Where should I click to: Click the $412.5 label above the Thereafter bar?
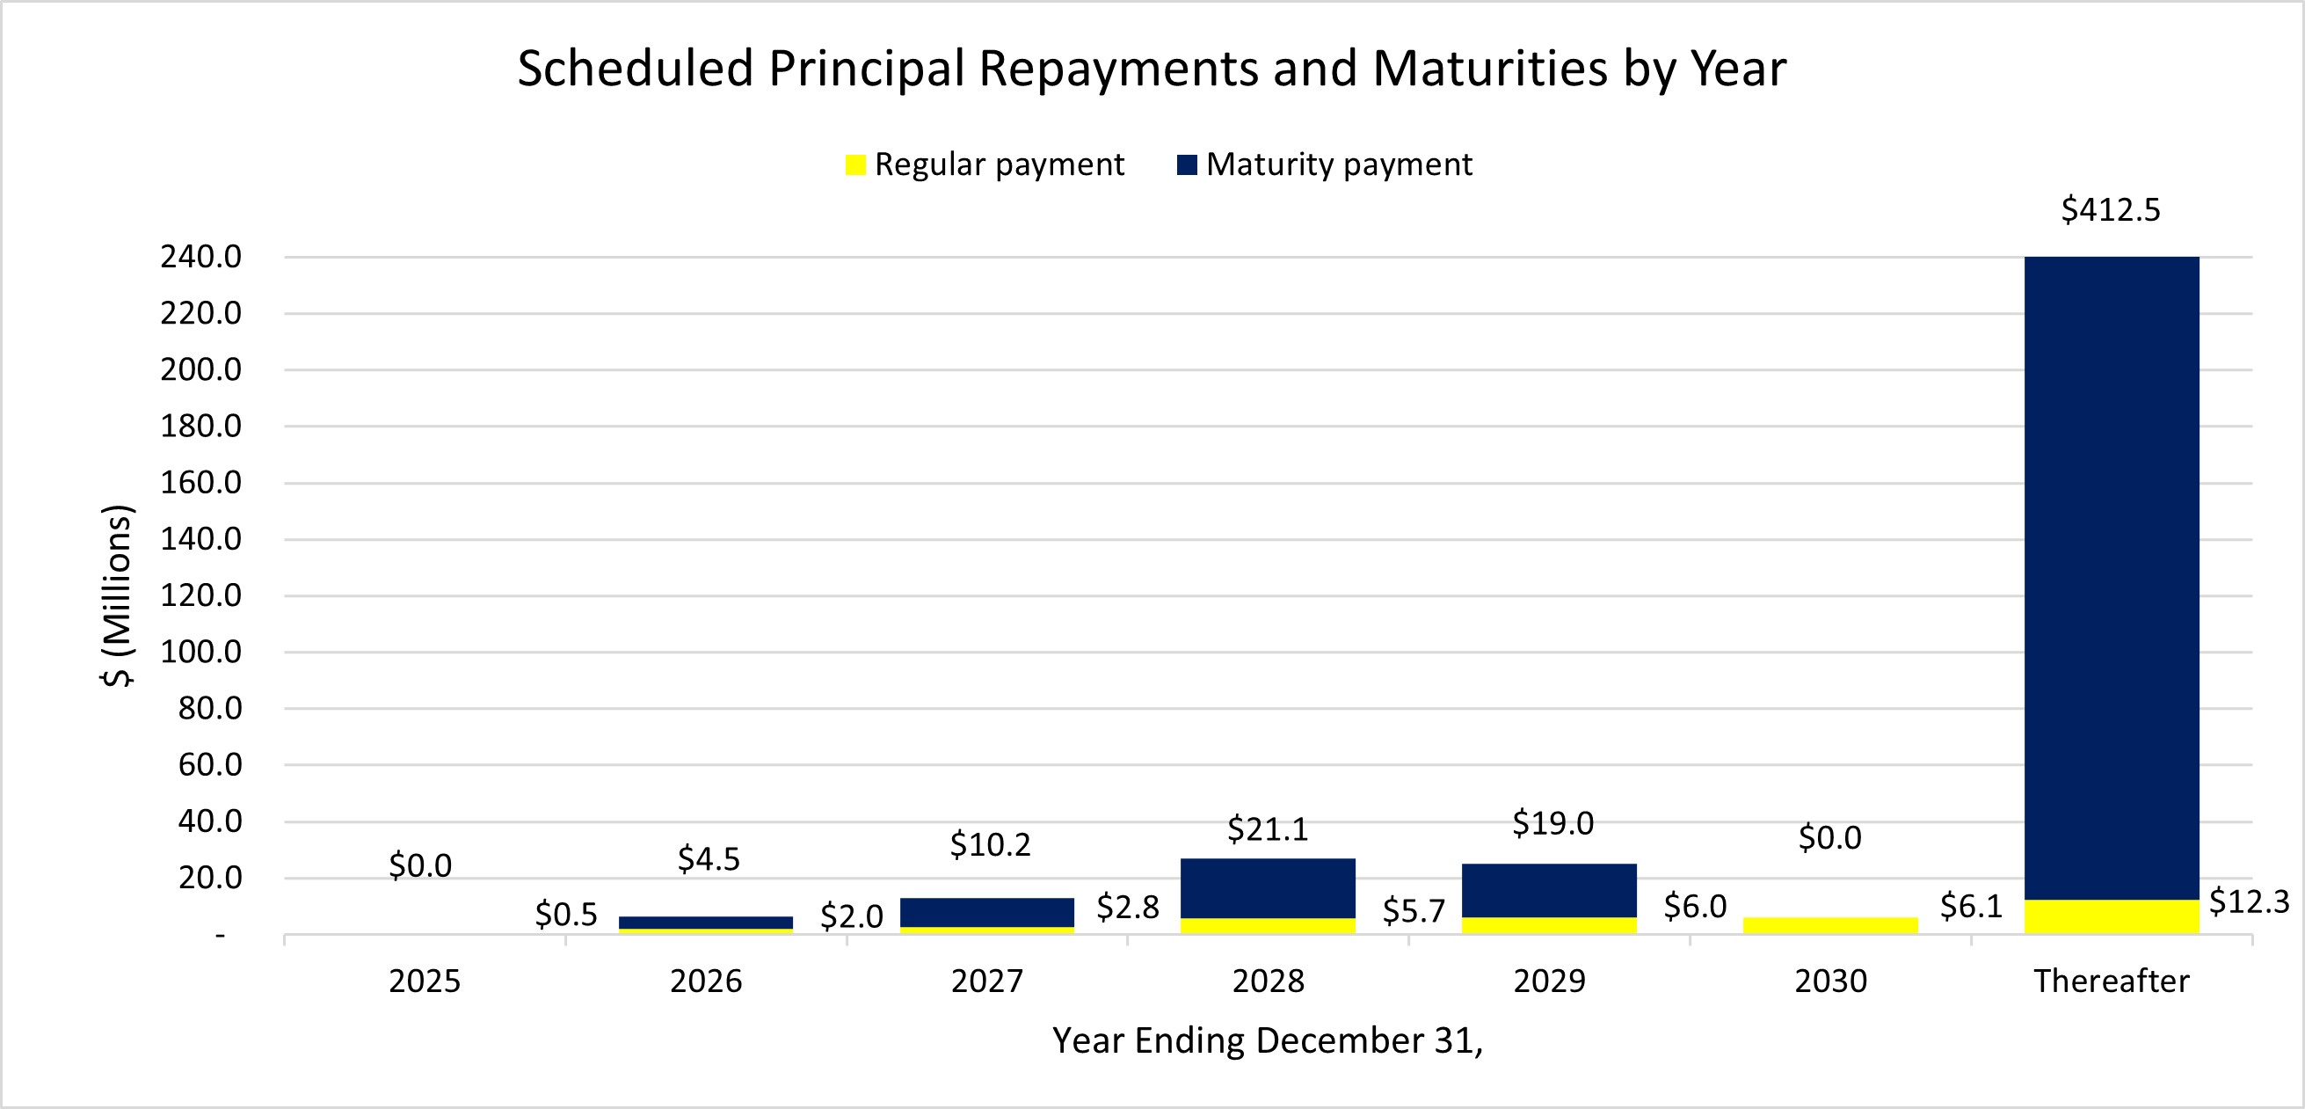2110,210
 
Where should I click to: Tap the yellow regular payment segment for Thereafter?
2111,916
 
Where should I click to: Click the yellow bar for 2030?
1830,925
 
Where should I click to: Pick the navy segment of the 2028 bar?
1267,887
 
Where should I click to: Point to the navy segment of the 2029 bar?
1549,890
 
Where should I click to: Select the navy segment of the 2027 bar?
986,911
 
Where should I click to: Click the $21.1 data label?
1267,828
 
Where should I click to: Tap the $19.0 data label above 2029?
1552,822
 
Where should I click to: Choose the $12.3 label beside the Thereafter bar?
2248,901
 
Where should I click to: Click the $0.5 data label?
565,914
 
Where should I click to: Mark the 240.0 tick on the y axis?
200,257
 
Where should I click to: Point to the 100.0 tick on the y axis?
200,652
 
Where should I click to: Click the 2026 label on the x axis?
705,981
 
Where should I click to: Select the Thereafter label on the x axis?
2111,981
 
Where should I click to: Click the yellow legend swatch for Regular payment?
854,164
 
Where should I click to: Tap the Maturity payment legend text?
1338,164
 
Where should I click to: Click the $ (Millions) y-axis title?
116,595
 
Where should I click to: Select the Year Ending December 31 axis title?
1267,1040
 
